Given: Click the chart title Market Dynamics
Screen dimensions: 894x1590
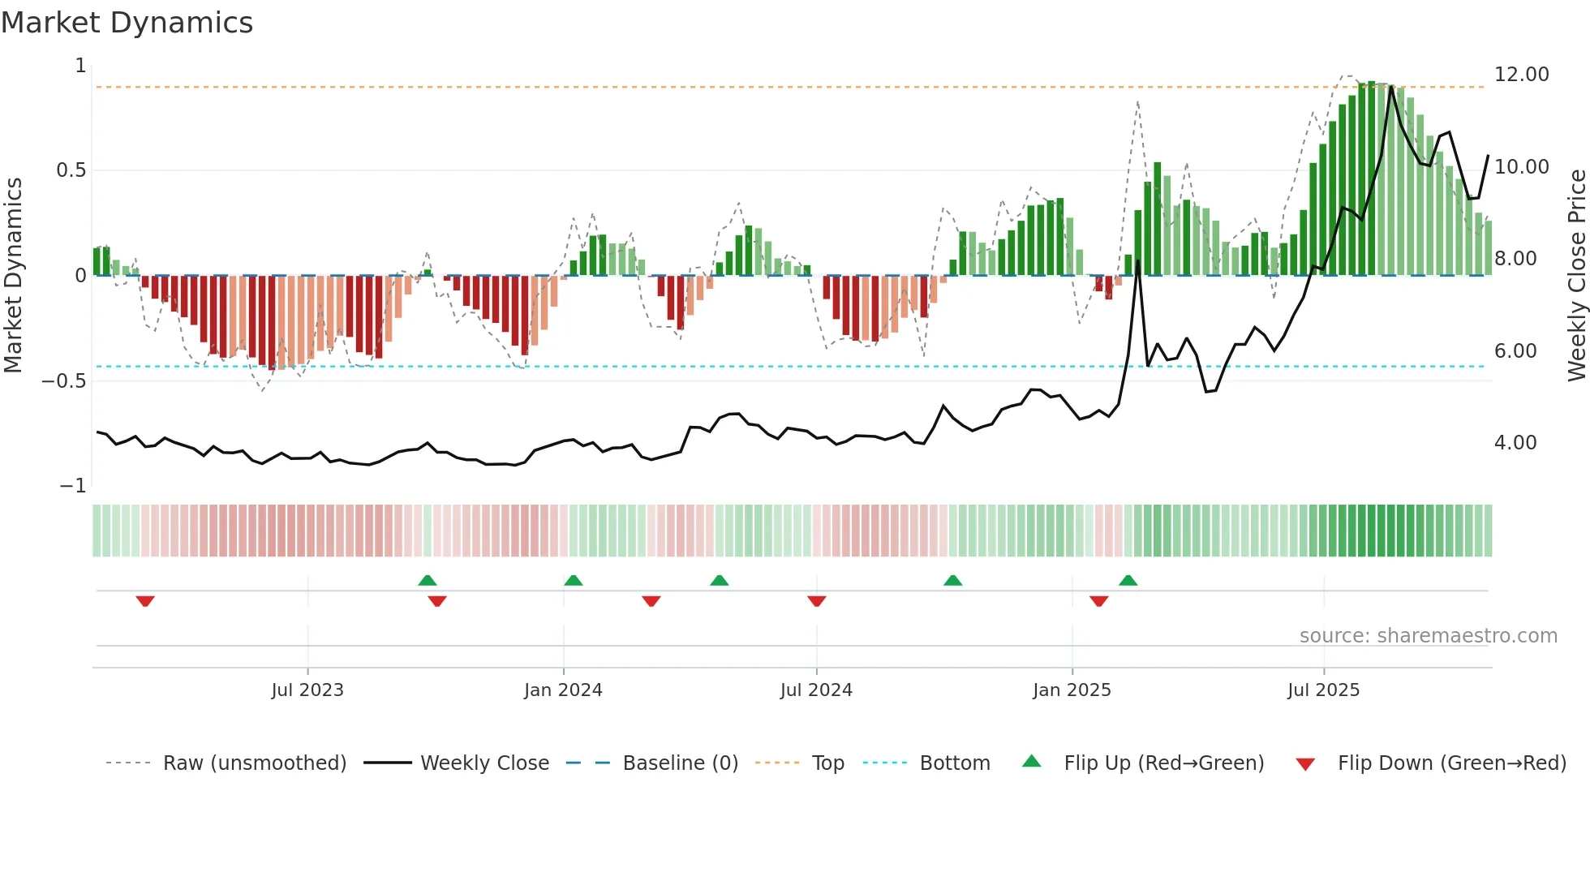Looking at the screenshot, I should [x=127, y=23].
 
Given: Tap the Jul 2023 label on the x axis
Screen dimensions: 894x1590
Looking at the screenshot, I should [x=307, y=690].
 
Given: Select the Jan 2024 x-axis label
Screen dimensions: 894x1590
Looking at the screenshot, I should [x=563, y=690].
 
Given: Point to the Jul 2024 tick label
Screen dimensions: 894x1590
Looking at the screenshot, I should [x=816, y=690].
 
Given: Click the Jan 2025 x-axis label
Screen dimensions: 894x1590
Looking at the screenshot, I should [x=1072, y=690].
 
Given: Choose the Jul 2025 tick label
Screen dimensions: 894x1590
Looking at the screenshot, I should [x=1323, y=690].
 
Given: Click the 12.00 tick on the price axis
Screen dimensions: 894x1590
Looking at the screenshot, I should [x=1521, y=75].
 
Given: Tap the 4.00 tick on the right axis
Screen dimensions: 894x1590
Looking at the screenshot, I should [x=1515, y=443].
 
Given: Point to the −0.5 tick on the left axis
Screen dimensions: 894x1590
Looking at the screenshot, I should [x=64, y=381].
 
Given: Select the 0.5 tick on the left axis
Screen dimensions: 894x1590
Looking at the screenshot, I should [x=71, y=170].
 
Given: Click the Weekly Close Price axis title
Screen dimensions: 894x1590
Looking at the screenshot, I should [x=1576, y=275].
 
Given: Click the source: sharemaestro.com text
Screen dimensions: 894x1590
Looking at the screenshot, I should [x=1428, y=636].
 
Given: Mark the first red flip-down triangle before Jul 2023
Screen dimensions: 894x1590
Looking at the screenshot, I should [x=145, y=601].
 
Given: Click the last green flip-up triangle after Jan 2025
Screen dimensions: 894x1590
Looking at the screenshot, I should [x=1128, y=580].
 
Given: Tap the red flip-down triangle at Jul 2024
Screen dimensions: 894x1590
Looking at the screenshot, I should [x=817, y=601].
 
